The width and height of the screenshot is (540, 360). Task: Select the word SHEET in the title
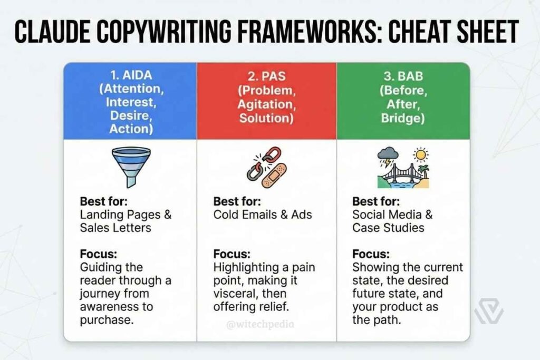[483, 32]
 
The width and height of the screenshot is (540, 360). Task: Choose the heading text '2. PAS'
[266, 76]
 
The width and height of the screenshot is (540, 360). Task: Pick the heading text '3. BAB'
[403, 76]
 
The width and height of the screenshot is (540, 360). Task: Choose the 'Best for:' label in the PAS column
[237, 201]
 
